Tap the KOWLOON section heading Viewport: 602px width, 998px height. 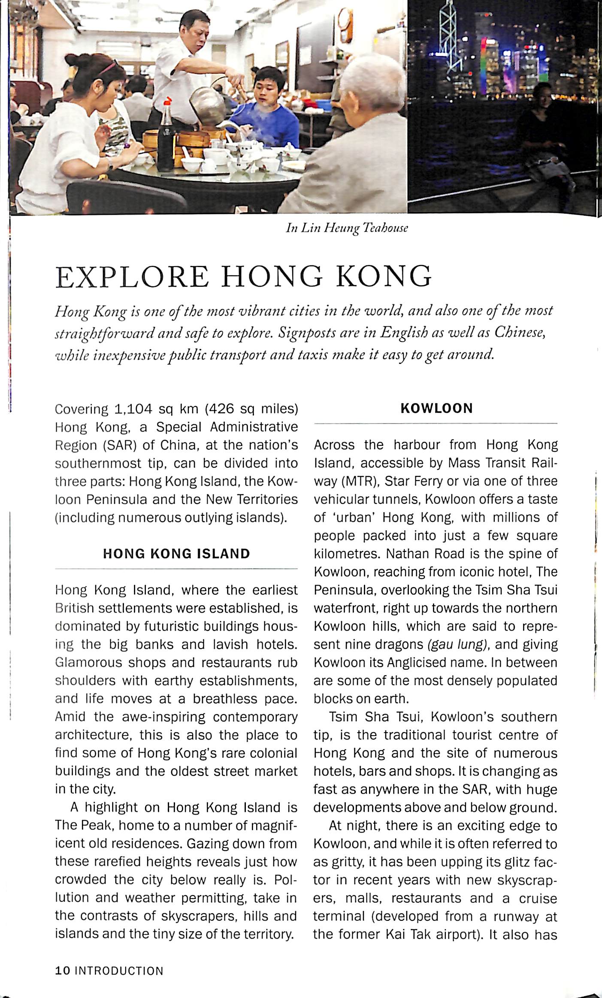pos(436,408)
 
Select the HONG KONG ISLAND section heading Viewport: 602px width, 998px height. pos(176,553)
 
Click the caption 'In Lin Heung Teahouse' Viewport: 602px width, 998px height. pos(347,228)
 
